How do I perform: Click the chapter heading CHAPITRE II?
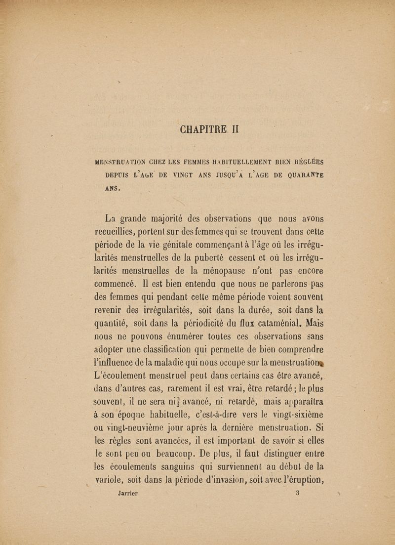point(209,130)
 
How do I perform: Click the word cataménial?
point(276,325)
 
